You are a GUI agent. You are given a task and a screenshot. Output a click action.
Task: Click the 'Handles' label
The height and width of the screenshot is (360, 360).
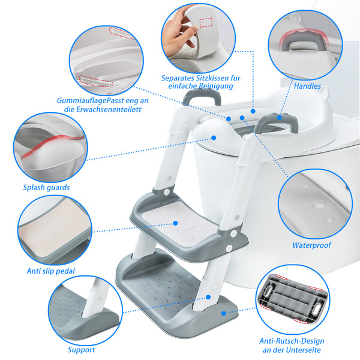307,86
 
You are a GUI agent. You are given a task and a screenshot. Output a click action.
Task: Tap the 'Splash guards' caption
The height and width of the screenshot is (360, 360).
46,188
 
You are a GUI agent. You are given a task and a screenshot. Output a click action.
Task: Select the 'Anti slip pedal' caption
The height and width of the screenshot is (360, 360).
51,271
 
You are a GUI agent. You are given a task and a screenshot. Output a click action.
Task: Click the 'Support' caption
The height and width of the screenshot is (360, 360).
81,350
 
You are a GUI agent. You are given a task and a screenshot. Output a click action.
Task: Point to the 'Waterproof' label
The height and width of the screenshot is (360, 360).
311,245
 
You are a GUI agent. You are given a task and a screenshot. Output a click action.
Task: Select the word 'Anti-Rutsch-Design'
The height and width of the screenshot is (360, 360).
292,341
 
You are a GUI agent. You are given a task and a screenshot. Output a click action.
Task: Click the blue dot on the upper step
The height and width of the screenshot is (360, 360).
175,223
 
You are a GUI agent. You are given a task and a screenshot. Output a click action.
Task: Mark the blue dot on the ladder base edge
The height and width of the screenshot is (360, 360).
224,313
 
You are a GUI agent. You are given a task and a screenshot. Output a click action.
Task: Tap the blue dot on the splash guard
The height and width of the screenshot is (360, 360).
214,138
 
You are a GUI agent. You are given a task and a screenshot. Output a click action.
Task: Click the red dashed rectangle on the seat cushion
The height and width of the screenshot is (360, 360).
206,23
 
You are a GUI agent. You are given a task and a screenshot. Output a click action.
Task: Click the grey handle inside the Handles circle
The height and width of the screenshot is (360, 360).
304,41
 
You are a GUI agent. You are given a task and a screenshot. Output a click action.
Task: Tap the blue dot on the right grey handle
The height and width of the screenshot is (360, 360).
279,118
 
